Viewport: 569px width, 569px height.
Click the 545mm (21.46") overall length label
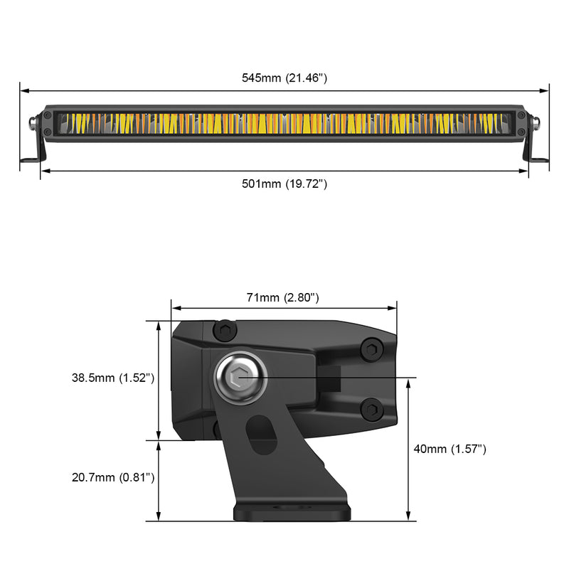pos(284,78)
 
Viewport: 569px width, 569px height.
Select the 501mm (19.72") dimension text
pos(284,184)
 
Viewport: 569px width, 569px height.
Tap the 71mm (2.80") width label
pos(283,297)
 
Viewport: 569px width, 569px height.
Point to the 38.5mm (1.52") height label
pos(113,378)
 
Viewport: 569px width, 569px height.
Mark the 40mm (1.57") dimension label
pos(451,449)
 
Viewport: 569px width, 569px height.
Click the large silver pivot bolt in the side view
pos(240,377)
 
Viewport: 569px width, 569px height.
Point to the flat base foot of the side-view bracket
pos(292,512)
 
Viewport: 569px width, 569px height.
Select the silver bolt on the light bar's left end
pos(33,123)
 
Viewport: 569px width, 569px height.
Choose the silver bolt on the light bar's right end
pos(536,123)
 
